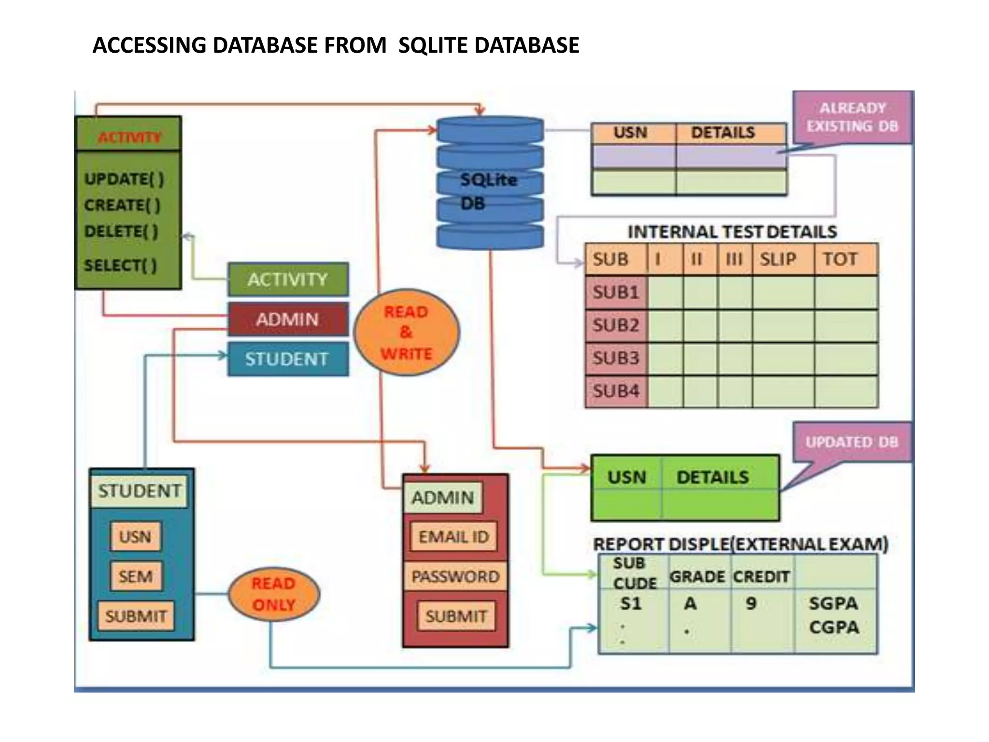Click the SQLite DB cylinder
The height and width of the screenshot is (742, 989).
coord(490,183)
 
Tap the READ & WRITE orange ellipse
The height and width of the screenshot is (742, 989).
coord(407,332)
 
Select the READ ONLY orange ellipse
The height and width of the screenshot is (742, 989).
coord(273,594)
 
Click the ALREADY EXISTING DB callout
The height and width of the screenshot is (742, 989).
coord(853,117)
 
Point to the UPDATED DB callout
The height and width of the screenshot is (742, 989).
coord(852,442)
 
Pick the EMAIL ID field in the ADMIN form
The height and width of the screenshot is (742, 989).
coord(453,537)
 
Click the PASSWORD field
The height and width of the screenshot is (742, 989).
coord(455,576)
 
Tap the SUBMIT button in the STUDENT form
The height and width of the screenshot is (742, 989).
coord(136,616)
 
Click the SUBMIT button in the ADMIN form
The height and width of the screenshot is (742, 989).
coord(456,616)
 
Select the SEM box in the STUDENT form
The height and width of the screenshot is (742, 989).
coord(136,576)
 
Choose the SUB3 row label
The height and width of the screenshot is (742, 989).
coord(616,358)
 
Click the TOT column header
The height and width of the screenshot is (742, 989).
coord(841,259)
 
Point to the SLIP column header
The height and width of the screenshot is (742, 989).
coord(778,259)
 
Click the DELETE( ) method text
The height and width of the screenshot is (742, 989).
coord(121,231)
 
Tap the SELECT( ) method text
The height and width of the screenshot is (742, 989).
coord(120,265)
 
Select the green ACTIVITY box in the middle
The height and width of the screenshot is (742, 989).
coord(288,279)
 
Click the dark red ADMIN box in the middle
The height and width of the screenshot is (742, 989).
coord(288,319)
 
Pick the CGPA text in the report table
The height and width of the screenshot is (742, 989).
coord(834,628)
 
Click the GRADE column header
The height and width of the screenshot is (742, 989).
coord(697,576)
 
